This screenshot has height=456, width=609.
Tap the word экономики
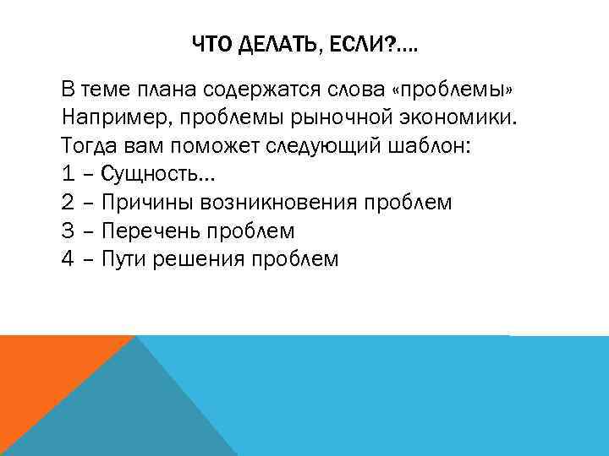coord(463,117)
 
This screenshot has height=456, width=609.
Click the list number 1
coord(68,174)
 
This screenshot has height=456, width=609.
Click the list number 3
coord(68,231)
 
